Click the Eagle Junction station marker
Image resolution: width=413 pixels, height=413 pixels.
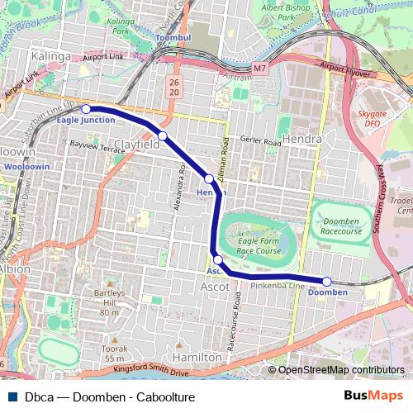pos(86,108)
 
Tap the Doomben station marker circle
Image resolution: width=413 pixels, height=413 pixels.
pos(327,282)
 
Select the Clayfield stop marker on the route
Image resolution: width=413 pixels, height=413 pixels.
pos(163,135)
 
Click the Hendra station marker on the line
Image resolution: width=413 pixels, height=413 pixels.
pos(209,178)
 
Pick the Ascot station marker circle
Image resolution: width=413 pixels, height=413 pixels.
pos(217,259)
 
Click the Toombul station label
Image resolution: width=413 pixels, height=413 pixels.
pos(173,38)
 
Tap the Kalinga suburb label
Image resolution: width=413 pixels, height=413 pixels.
pos(47,56)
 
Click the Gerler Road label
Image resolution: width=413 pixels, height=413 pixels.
pos(261,142)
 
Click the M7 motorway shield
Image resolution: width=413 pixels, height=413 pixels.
pos(261,67)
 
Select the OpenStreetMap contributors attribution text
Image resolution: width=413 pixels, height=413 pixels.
pos(340,370)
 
